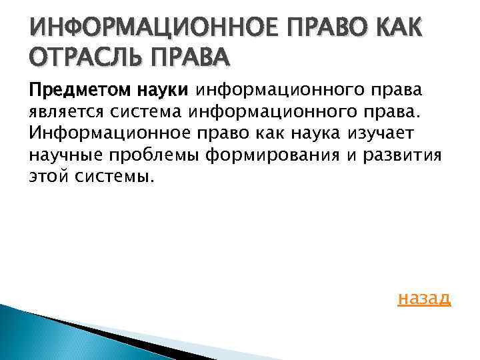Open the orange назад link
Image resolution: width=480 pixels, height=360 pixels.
pyautogui.click(x=424, y=298)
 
